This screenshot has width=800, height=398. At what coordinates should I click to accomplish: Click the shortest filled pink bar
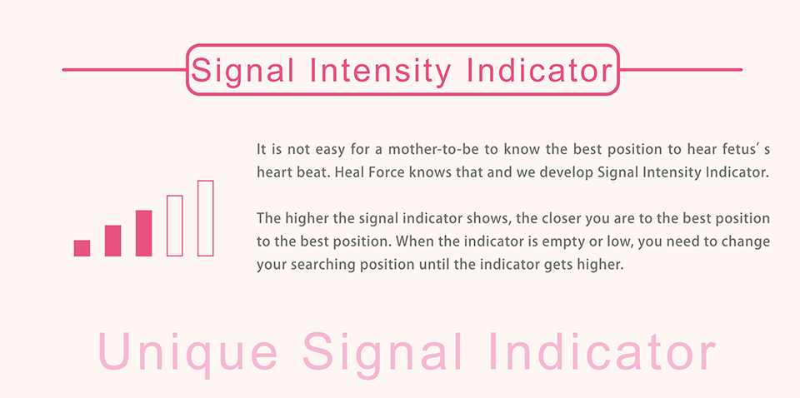pos(82,248)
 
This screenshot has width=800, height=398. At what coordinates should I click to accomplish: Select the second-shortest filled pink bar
pos(112,241)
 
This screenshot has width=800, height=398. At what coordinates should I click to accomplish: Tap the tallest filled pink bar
pos(144,233)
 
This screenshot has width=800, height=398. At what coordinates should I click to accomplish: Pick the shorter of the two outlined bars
pos(167,226)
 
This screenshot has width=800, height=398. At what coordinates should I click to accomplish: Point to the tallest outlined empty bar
pos(198,218)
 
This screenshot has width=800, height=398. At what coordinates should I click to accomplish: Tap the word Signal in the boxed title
pos(242,71)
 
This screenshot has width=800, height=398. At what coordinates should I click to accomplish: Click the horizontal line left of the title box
pos(124,70)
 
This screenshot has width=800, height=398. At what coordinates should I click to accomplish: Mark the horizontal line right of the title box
pos(681,70)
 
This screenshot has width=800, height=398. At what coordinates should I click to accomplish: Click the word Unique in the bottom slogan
pos(187,353)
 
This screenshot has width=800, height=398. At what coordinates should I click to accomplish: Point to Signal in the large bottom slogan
pos(382,353)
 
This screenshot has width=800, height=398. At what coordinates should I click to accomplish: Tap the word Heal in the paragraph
pos(348,172)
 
